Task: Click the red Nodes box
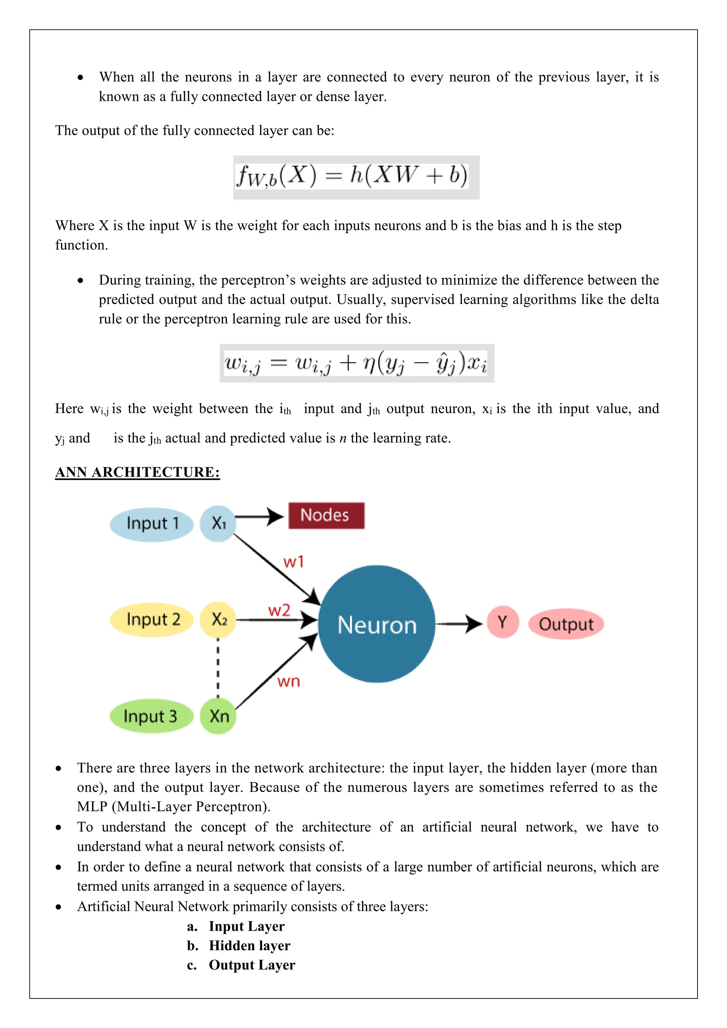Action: (x=326, y=515)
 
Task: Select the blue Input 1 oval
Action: (x=152, y=524)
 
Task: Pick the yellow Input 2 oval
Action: (x=152, y=620)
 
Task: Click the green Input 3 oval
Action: (x=151, y=716)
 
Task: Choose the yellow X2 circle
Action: (x=218, y=620)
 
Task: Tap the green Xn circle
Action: (x=218, y=716)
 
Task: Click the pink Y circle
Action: (x=502, y=622)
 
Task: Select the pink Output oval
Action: (x=566, y=624)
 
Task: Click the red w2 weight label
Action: (x=279, y=610)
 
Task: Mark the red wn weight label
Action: (x=289, y=682)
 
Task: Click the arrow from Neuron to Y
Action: (x=459, y=624)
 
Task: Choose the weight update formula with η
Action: (x=356, y=363)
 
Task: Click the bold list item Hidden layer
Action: (x=249, y=945)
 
